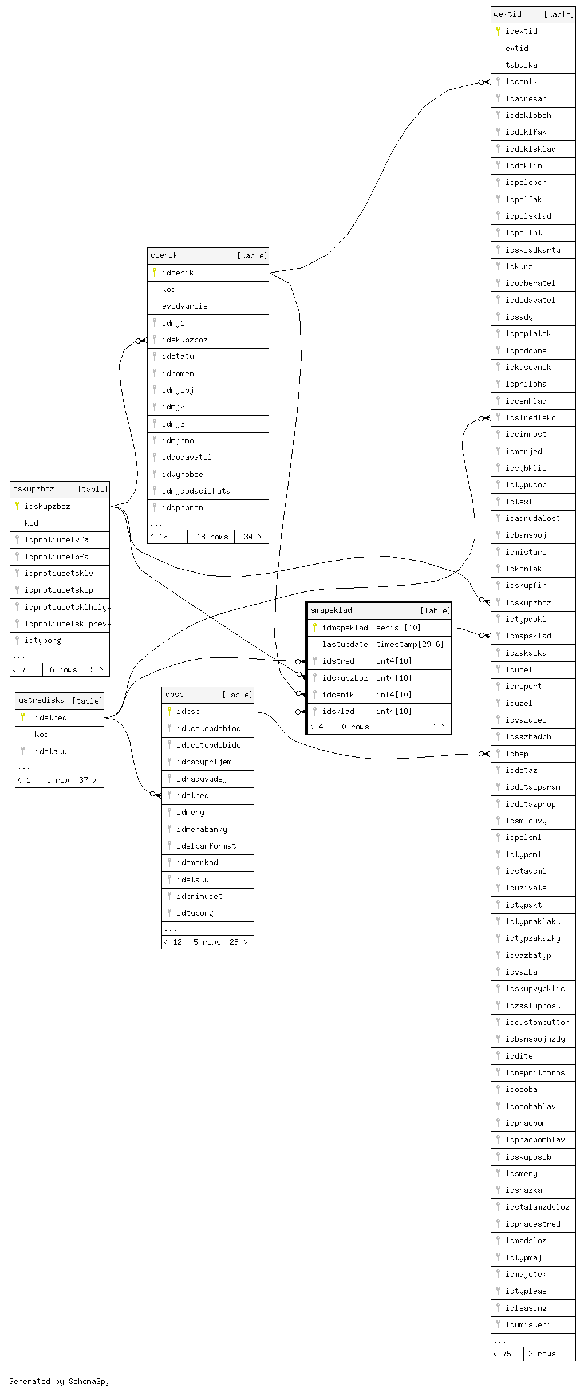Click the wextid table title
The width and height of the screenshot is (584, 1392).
pyautogui.click(x=508, y=14)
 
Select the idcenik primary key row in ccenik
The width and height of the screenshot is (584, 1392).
pyautogui.click(x=177, y=273)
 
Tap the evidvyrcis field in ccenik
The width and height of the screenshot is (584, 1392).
pyautogui.click(x=184, y=306)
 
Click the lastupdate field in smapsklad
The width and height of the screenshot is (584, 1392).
pyautogui.click(x=345, y=644)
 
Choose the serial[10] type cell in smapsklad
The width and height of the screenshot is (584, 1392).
pyautogui.click(x=398, y=628)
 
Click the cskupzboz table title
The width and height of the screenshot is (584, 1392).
pyautogui.click(x=34, y=489)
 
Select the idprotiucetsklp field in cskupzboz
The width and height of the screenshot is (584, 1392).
pyautogui.click(x=58, y=590)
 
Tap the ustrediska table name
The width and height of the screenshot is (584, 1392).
pyautogui.click(x=42, y=700)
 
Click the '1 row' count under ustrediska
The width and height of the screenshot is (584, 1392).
pyautogui.click(x=58, y=780)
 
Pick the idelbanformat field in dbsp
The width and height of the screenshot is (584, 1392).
pyautogui.click(x=206, y=846)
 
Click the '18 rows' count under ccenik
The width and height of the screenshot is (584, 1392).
pyautogui.click(x=212, y=537)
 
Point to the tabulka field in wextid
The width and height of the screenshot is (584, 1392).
pyautogui.click(x=521, y=65)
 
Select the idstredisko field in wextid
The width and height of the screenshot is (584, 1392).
pyautogui.click(x=530, y=417)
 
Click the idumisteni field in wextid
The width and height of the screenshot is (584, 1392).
pyautogui.click(x=528, y=1324)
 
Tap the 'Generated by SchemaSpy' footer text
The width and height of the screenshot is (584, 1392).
pyautogui.click(x=60, y=1381)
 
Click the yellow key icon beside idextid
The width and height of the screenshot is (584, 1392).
pyautogui.click(x=498, y=31)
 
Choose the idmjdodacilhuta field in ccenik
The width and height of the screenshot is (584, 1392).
pyautogui.click(x=196, y=491)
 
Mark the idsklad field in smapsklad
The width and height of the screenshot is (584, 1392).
pyautogui.click(x=338, y=711)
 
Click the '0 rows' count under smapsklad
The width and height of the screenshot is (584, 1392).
pyautogui.click(x=355, y=727)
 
